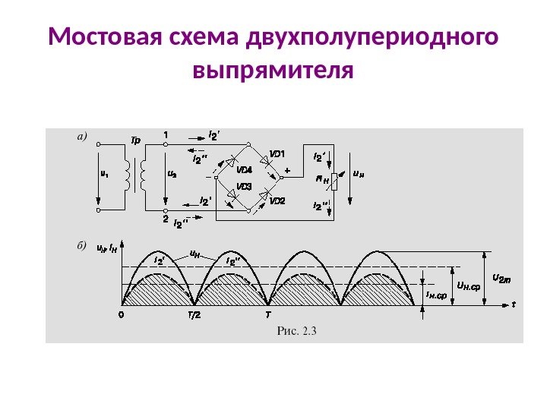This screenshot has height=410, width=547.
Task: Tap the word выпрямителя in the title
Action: point(273,71)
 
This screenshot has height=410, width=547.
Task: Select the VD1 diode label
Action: point(277,153)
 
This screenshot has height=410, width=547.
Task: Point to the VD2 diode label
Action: point(277,201)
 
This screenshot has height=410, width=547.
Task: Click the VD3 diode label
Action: point(244,186)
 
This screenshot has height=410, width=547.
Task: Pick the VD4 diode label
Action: point(244,169)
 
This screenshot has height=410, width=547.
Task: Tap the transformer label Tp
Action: point(136,140)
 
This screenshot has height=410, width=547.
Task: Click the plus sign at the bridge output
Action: point(287,172)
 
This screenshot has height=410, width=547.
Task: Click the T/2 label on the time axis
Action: point(194,314)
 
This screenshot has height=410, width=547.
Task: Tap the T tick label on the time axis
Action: point(267,314)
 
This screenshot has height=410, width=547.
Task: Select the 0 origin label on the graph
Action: point(122,314)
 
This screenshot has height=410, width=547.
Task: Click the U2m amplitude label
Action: point(502,278)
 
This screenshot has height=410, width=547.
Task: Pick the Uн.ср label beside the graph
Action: point(469,286)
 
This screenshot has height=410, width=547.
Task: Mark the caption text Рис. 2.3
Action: point(297,330)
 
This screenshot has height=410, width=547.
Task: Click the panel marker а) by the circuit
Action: point(83,137)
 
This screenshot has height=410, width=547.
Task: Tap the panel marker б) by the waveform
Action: point(83,246)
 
